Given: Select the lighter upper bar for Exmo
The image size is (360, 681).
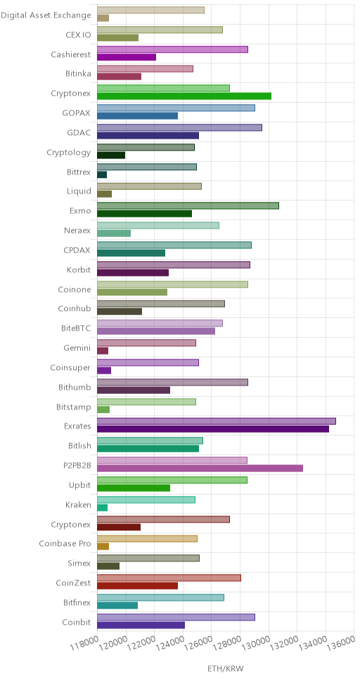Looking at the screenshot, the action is [188, 206].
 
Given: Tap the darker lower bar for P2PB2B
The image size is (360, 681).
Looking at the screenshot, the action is [200, 469].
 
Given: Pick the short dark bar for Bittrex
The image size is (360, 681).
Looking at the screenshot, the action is [102, 174].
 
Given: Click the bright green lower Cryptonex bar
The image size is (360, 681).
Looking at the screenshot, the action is [184, 96].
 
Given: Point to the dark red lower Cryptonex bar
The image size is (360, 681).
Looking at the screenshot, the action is [119, 527].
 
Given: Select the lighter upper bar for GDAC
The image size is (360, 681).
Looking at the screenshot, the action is [179, 128].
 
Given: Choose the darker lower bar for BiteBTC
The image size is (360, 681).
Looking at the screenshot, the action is [156, 331].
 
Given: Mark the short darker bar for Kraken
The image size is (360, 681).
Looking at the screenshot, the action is [103, 508].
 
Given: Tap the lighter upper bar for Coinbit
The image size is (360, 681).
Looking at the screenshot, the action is [176, 617].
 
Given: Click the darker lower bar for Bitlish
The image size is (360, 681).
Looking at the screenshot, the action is [148, 449].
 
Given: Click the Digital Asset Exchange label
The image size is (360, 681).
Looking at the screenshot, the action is [46, 15].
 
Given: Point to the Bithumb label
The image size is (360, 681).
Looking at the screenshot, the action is [75, 387].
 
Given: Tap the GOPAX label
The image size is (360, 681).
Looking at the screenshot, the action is [77, 113].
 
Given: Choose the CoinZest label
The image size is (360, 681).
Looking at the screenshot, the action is [73, 583].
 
